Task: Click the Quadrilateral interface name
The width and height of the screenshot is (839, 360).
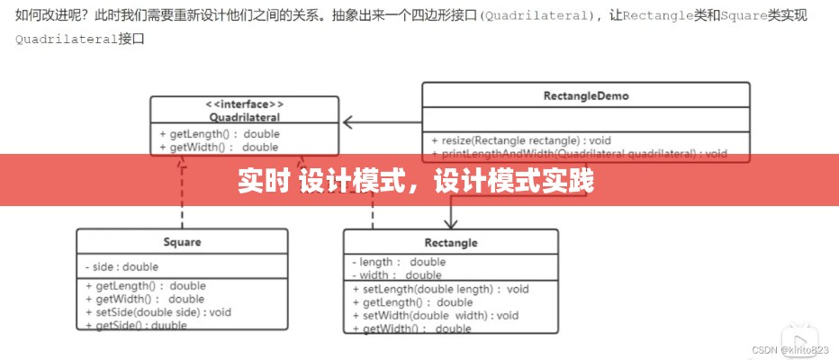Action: (x=244, y=117)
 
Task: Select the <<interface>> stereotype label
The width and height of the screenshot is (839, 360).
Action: (x=244, y=103)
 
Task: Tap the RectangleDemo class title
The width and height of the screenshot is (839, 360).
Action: (x=586, y=95)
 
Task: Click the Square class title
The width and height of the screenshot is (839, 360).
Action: (x=182, y=241)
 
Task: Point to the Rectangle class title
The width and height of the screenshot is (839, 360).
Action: (x=451, y=242)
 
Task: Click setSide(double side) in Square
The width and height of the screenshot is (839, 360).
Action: (x=158, y=312)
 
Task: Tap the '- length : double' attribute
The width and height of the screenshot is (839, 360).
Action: (x=399, y=262)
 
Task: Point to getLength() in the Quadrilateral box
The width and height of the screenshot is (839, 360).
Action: (x=219, y=134)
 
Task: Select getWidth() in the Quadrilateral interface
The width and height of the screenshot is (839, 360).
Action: (x=219, y=147)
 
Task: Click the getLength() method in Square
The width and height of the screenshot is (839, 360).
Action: (x=146, y=286)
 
